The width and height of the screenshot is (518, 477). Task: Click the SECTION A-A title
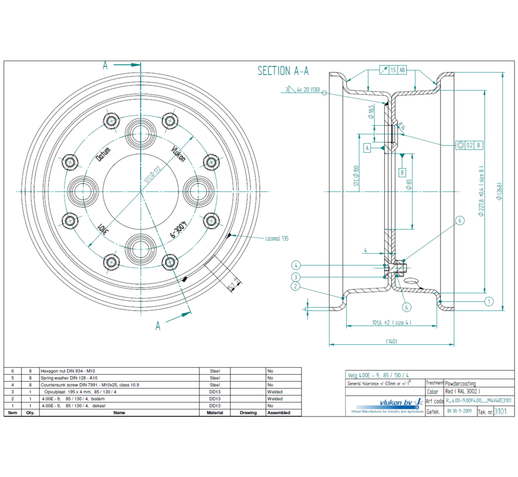click(x=283, y=71)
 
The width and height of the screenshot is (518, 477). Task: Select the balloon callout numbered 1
click(x=488, y=301)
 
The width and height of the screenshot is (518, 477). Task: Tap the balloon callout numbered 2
click(x=296, y=286)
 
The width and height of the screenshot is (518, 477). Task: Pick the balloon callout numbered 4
click(x=296, y=265)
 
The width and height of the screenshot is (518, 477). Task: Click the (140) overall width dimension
click(x=391, y=341)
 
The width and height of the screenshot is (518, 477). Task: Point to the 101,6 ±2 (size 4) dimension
click(x=392, y=322)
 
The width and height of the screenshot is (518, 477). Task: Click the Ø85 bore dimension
click(x=409, y=189)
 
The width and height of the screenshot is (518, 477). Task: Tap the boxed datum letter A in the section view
click(x=367, y=148)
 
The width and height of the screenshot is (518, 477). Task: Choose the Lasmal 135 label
click(x=277, y=238)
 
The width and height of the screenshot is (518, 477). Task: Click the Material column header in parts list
click(x=214, y=412)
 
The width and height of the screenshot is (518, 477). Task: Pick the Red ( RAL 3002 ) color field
click(x=463, y=392)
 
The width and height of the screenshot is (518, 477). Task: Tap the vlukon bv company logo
click(x=386, y=403)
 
